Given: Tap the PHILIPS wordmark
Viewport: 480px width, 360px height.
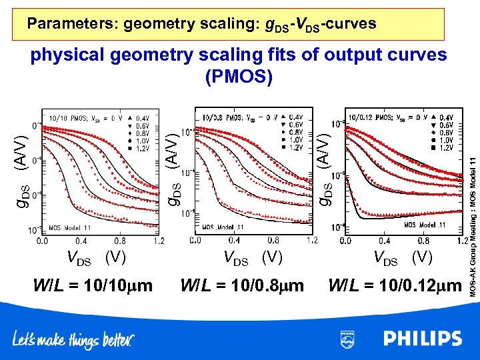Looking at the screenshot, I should tap(422, 339).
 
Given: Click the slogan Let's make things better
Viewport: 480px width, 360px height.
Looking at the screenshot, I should tap(73, 340).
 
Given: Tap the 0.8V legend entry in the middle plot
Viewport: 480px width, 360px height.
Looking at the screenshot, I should tap(293, 133).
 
